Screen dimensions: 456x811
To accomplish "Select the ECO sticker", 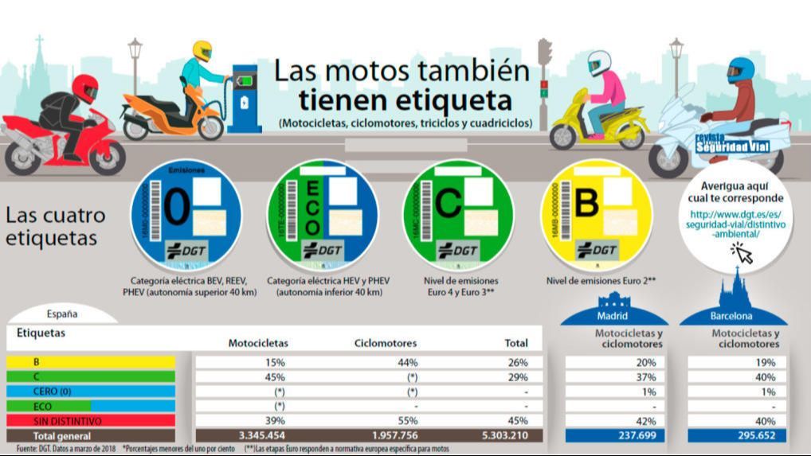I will point(322,212).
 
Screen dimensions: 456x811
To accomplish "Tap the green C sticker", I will point(458,212).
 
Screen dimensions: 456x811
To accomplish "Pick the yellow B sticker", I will point(596,212).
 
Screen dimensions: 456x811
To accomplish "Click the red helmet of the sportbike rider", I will point(86,87).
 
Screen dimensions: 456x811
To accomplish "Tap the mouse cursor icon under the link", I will point(742,253).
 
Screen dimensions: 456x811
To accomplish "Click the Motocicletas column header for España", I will point(258,343).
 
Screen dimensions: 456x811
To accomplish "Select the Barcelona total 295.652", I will point(736,435).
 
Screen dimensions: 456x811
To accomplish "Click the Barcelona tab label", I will point(732,317).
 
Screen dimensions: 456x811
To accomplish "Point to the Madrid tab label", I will point(613,317).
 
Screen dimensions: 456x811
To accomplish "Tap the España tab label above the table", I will point(62,314).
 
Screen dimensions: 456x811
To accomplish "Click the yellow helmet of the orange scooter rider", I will point(202,50).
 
